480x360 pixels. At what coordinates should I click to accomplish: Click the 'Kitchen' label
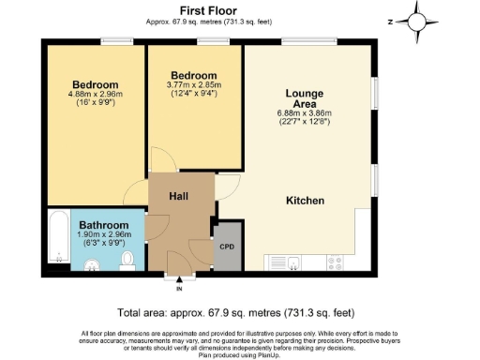[306, 201]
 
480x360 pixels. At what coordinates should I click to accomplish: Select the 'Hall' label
[180, 195]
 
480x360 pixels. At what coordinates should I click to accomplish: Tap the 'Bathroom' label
[103, 225]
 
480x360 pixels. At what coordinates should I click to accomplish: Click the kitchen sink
[286, 262]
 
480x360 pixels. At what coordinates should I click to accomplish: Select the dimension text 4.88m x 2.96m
[96, 93]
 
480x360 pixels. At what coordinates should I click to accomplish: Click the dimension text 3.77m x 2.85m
[195, 85]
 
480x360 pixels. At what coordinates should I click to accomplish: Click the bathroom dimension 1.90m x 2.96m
[103, 235]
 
